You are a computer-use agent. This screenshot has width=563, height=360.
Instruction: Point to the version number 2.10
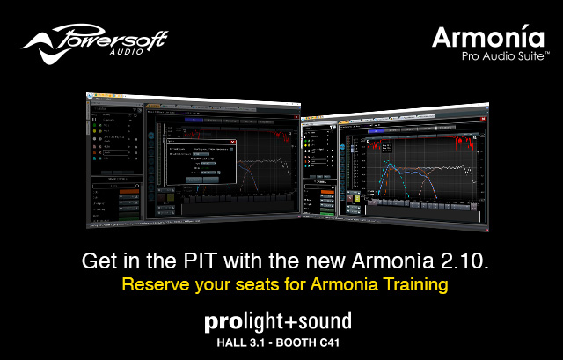pos(460,262)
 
